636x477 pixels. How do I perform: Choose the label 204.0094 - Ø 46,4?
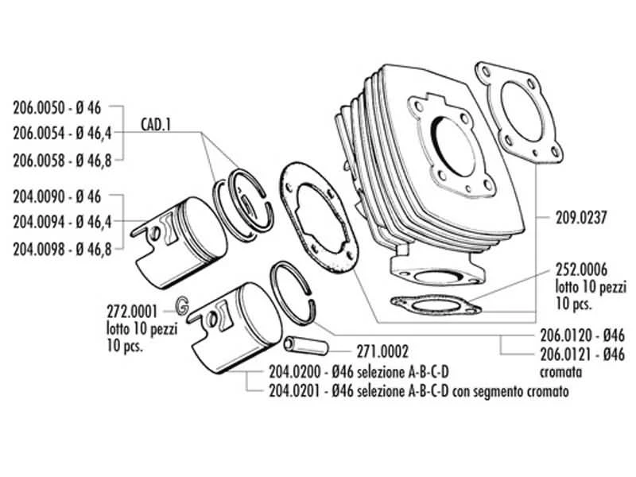point(63,222)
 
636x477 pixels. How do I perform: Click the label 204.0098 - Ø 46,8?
point(63,249)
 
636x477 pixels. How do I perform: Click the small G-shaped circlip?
point(181,304)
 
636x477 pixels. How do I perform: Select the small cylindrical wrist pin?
point(304,347)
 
